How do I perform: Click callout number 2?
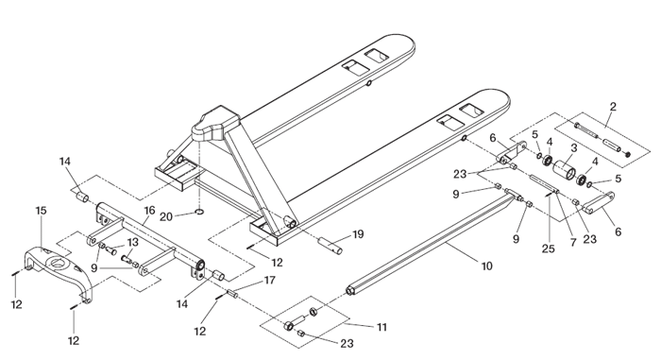click(613, 107)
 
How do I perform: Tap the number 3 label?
click(574, 147)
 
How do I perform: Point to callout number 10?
click(487, 266)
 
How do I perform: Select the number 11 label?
click(381, 327)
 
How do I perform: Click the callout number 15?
click(41, 210)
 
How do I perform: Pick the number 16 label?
click(149, 210)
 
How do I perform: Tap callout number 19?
click(358, 233)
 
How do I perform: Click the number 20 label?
click(166, 216)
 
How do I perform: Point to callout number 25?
click(548, 249)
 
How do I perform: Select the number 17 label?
click(270, 280)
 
